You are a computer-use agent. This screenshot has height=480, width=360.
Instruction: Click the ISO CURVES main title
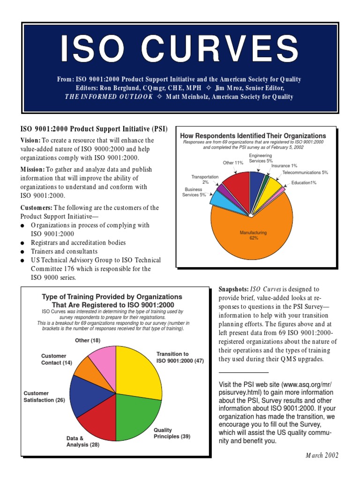point(180,48)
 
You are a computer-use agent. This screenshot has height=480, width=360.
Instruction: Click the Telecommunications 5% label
point(305,172)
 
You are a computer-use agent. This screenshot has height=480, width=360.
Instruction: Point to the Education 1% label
point(304,183)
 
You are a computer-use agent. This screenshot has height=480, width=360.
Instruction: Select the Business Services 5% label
point(194,192)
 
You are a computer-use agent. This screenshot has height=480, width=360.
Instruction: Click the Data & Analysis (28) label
point(82,442)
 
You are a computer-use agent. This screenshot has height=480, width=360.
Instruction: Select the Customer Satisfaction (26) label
point(44,397)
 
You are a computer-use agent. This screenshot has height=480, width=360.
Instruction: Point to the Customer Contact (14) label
point(56,360)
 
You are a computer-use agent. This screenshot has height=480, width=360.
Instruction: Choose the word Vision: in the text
point(30,140)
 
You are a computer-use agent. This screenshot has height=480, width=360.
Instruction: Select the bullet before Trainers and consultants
point(23,252)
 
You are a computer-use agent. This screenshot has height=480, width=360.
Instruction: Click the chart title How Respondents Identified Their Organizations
point(253,136)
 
